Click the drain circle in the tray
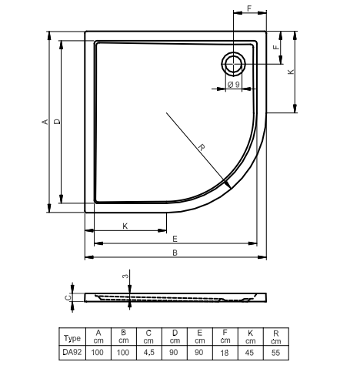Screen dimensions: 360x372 pyautogui.click(x=233, y=52)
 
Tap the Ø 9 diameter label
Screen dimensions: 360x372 pyautogui.click(x=233, y=84)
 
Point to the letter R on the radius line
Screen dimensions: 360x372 pyautogui.click(x=202, y=147)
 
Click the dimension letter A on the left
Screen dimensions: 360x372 pyautogui.click(x=45, y=122)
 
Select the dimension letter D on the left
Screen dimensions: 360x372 pyautogui.click(x=57, y=122)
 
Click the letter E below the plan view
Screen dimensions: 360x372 pyautogui.click(x=175, y=239)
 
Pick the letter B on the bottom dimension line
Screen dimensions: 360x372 pyautogui.click(x=175, y=253)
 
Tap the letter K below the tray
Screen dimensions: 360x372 pyautogui.click(x=125, y=226)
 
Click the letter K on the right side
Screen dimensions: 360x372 pyautogui.click(x=291, y=72)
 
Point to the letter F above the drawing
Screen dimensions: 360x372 pyautogui.click(x=249, y=8)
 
